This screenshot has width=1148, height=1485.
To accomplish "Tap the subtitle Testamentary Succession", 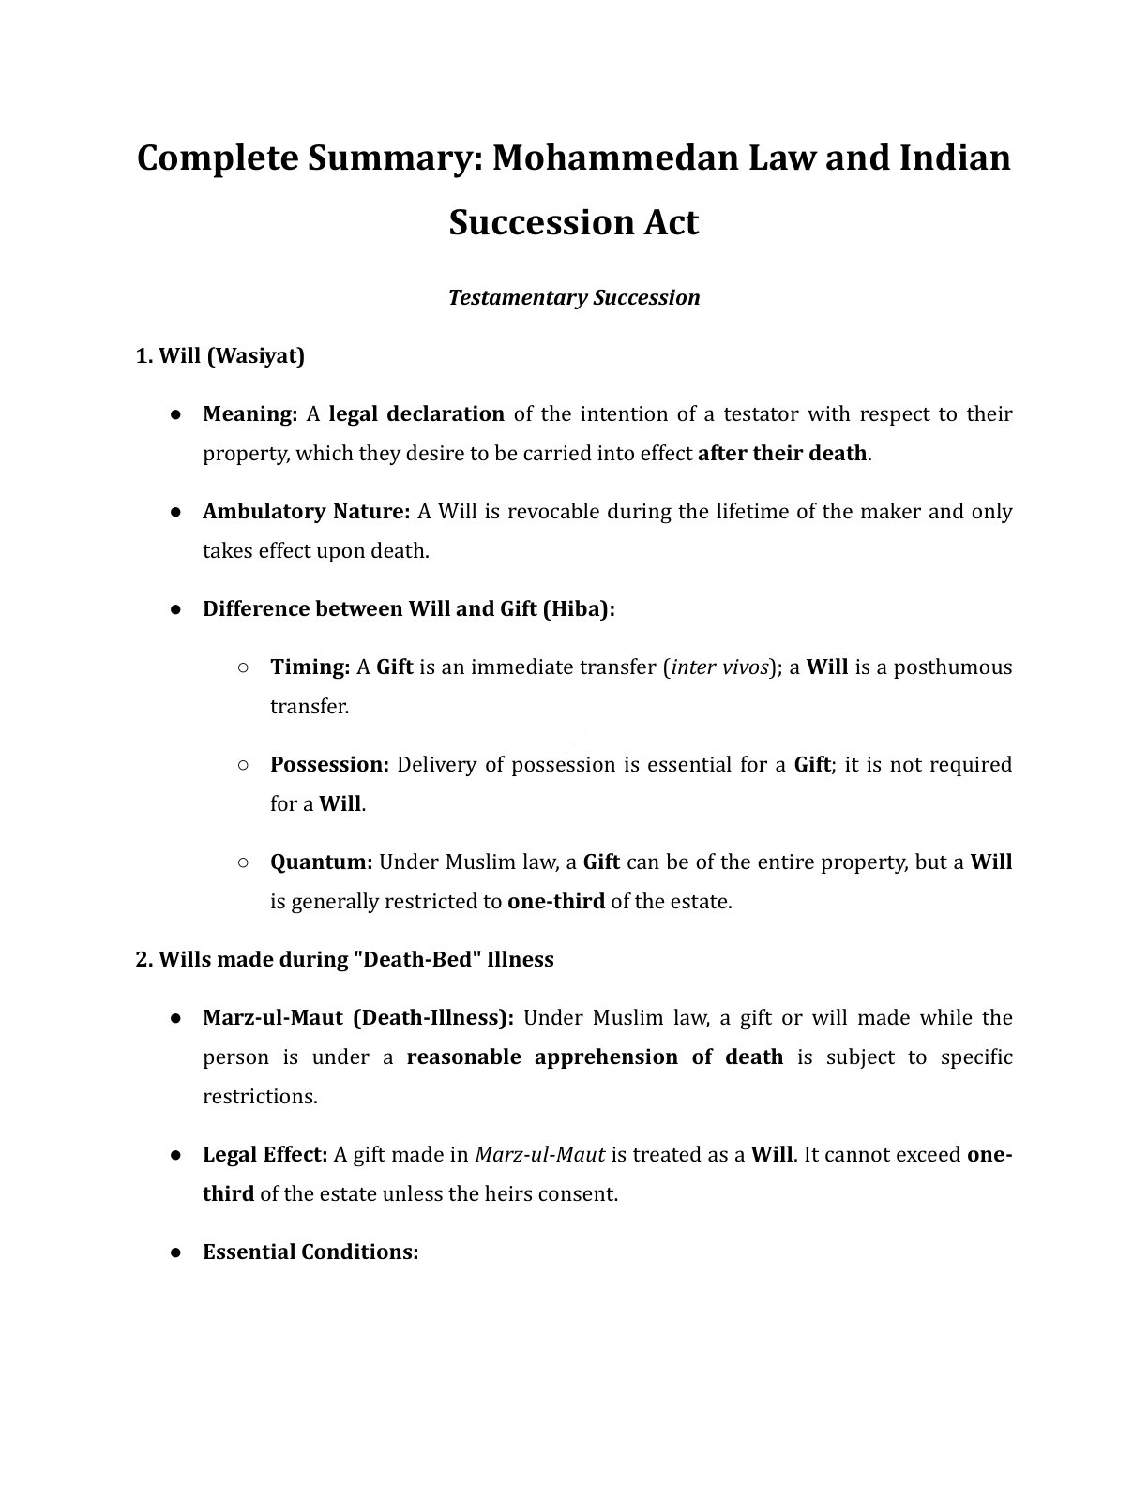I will (x=574, y=297).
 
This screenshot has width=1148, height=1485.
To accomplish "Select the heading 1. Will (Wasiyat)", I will (x=220, y=355).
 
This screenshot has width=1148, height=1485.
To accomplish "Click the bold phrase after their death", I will (x=782, y=453).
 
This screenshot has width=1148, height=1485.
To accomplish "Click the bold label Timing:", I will (x=310, y=667).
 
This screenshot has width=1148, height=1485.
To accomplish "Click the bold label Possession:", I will (x=329, y=764).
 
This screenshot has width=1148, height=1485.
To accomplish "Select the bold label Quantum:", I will (x=322, y=862).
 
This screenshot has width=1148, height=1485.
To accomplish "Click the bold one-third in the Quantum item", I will (x=555, y=901).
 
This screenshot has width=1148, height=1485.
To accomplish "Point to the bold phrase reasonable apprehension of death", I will (x=595, y=1057).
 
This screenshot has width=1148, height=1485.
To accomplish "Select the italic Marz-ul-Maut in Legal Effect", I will (x=539, y=1154).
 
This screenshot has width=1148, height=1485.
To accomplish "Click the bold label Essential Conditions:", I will (x=310, y=1252).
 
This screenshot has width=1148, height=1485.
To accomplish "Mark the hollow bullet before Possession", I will (x=242, y=764).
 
